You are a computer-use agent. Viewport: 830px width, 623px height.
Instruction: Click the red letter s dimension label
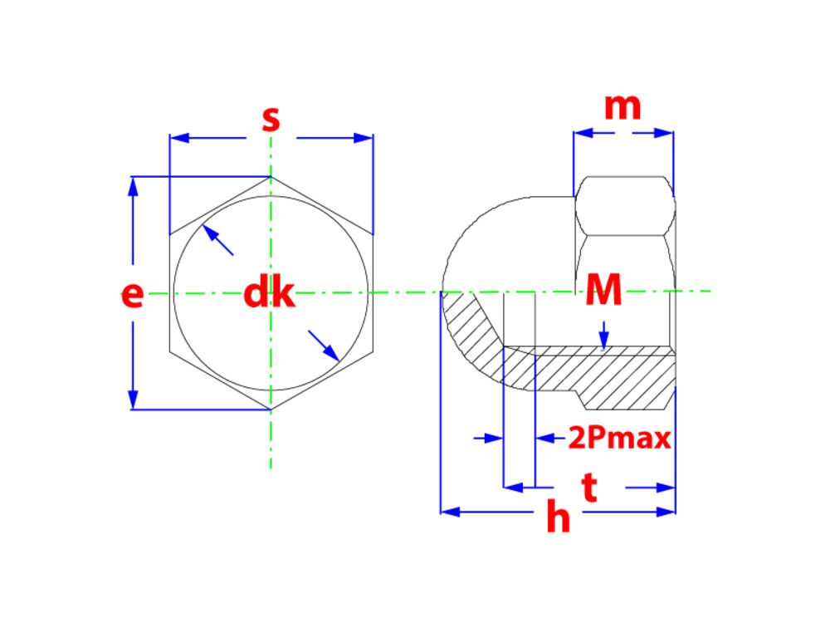(271, 119)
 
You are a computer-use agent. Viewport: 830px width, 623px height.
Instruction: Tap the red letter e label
(132, 295)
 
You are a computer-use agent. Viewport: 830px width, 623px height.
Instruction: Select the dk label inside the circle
(269, 293)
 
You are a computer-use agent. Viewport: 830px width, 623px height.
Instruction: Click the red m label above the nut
(622, 107)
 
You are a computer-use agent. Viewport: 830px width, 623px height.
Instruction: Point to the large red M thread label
(603, 290)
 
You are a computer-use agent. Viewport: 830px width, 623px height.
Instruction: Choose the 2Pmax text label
(620, 438)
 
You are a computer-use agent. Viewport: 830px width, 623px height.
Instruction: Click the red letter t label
(589, 488)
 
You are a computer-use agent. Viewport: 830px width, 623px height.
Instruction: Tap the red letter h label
(559, 516)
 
